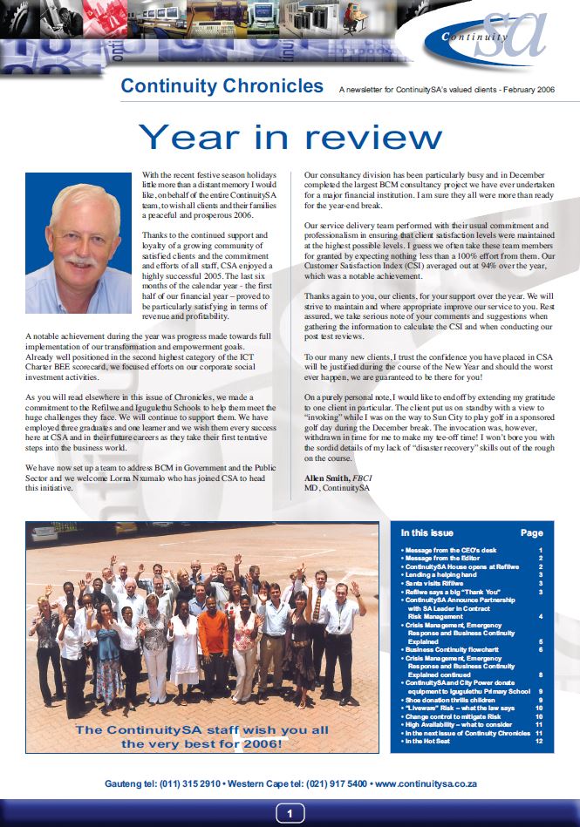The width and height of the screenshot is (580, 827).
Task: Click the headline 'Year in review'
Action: click(290, 137)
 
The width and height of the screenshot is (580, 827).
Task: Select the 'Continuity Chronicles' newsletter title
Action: click(222, 86)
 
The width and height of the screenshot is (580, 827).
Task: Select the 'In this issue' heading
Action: click(426, 532)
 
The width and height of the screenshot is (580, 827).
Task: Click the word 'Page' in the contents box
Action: click(531, 533)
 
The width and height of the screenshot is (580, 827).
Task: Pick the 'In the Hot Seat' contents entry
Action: click(434, 741)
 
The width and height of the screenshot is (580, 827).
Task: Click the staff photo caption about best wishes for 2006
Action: click(201, 736)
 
